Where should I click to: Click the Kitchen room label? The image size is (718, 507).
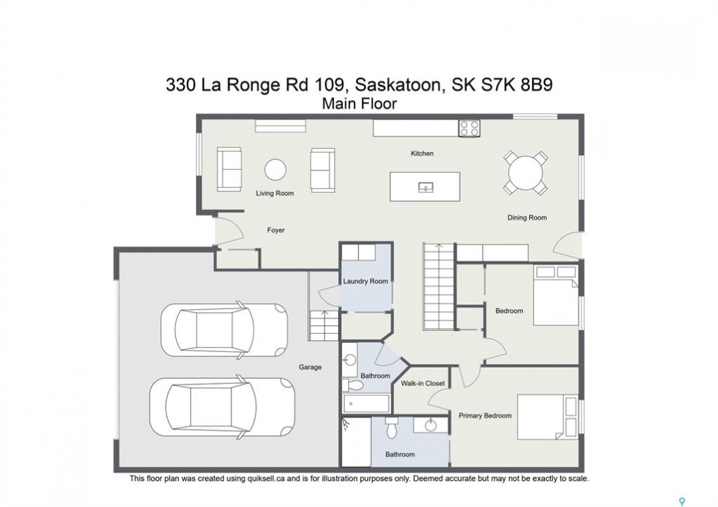(422, 154)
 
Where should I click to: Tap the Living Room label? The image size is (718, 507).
(275, 193)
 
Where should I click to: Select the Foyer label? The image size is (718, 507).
(276, 230)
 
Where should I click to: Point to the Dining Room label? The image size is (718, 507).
(526, 218)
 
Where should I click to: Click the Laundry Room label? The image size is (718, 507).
(366, 282)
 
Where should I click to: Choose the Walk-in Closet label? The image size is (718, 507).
(423, 384)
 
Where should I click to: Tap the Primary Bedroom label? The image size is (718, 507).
(485, 415)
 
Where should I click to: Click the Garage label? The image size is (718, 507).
(310, 367)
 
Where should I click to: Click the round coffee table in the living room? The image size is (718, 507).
(276, 170)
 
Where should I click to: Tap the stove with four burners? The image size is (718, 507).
(469, 128)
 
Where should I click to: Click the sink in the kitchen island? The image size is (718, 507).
(426, 187)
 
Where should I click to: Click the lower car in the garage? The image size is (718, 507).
(223, 407)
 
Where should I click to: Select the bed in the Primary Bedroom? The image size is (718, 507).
(548, 416)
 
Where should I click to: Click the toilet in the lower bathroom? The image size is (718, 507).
(392, 427)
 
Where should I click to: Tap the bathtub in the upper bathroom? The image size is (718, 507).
(366, 403)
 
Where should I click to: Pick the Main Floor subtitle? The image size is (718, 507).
(359, 104)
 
